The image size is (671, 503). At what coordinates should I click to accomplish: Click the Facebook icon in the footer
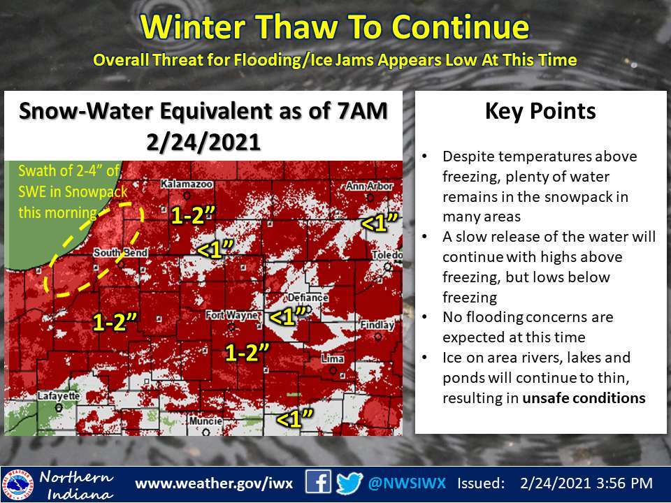coord(319,483)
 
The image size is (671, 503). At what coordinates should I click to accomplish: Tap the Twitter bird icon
coord(349,483)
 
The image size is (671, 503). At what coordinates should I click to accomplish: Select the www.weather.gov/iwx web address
coord(218,483)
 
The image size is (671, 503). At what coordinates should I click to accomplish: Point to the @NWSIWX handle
coord(407,483)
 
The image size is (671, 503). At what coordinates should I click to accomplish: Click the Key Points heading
coord(540,112)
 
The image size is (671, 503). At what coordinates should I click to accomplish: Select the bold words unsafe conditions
coord(584,398)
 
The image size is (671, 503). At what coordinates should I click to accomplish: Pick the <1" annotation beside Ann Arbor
coord(380,224)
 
